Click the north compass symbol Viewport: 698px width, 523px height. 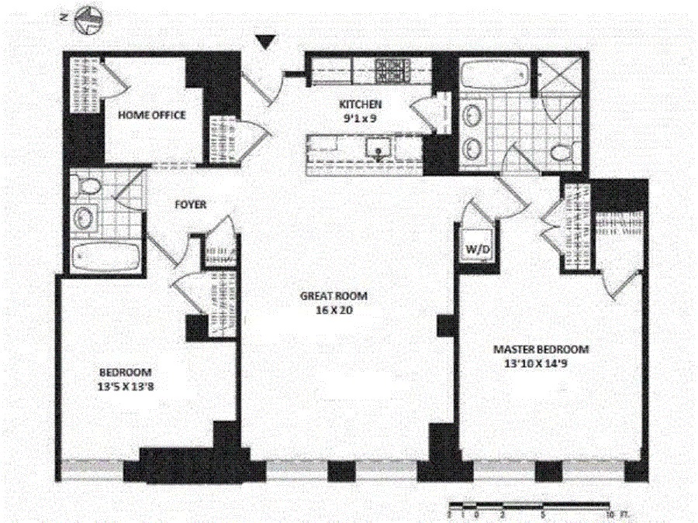(x=87, y=22)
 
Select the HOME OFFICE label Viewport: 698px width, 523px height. (x=151, y=115)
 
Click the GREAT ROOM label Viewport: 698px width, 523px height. (x=333, y=296)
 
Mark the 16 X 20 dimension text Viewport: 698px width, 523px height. (x=333, y=311)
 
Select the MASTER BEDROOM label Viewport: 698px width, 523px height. (x=541, y=349)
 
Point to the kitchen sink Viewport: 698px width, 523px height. (x=380, y=149)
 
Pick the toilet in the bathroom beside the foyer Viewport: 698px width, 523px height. (x=88, y=186)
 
